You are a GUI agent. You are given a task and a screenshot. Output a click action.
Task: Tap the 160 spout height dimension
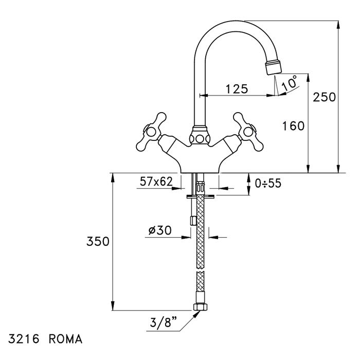[x=294, y=125]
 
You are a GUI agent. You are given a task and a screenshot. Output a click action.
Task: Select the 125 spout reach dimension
[x=236, y=88]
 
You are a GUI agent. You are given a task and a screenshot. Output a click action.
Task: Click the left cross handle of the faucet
[x=150, y=129]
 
